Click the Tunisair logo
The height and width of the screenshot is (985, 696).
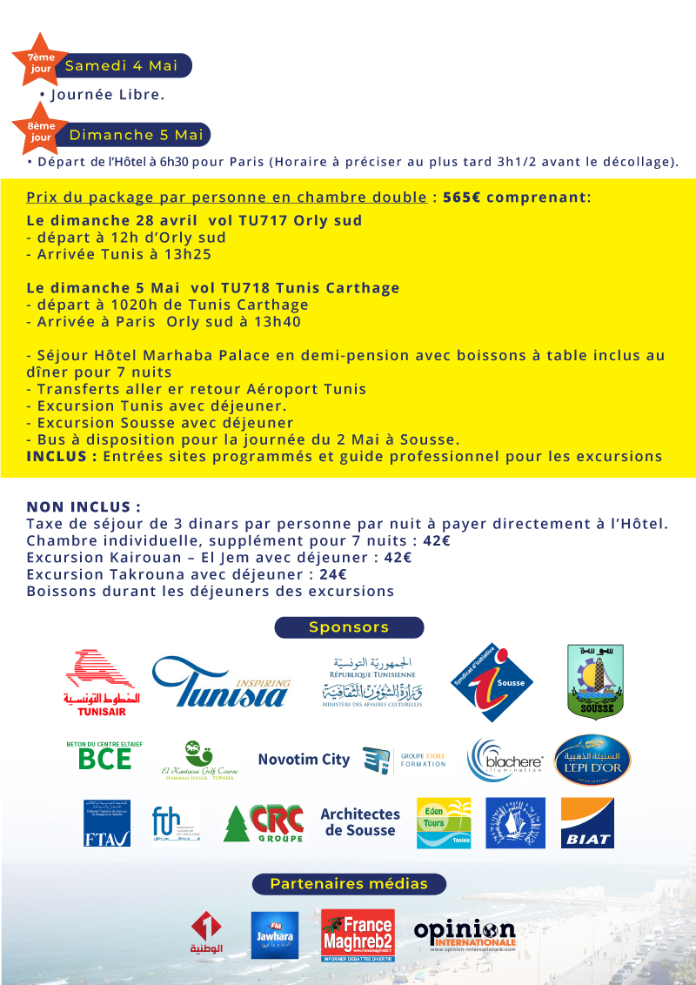click(102, 683)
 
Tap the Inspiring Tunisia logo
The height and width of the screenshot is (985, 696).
click(221, 683)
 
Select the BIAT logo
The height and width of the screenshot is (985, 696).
click(587, 822)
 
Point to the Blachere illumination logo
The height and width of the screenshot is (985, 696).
click(506, 760)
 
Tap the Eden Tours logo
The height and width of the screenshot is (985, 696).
click(444, 822)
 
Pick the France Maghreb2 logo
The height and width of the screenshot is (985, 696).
click(358, 936)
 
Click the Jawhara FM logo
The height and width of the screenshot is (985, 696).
click(274, 935)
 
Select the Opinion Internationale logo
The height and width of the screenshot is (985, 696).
click(465, 935)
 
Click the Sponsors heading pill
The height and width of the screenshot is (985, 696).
click(349, 627)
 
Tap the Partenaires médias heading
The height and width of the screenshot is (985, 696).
click(349, 884)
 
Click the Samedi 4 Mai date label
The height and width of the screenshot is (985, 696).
click(122, 66)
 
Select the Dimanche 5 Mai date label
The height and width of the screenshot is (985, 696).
click(136, 135)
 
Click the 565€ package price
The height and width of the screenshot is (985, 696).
click(461, 197)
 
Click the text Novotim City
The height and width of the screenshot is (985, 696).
click(304, 760)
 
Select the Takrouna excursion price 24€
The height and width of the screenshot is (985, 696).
click(333, 574)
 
